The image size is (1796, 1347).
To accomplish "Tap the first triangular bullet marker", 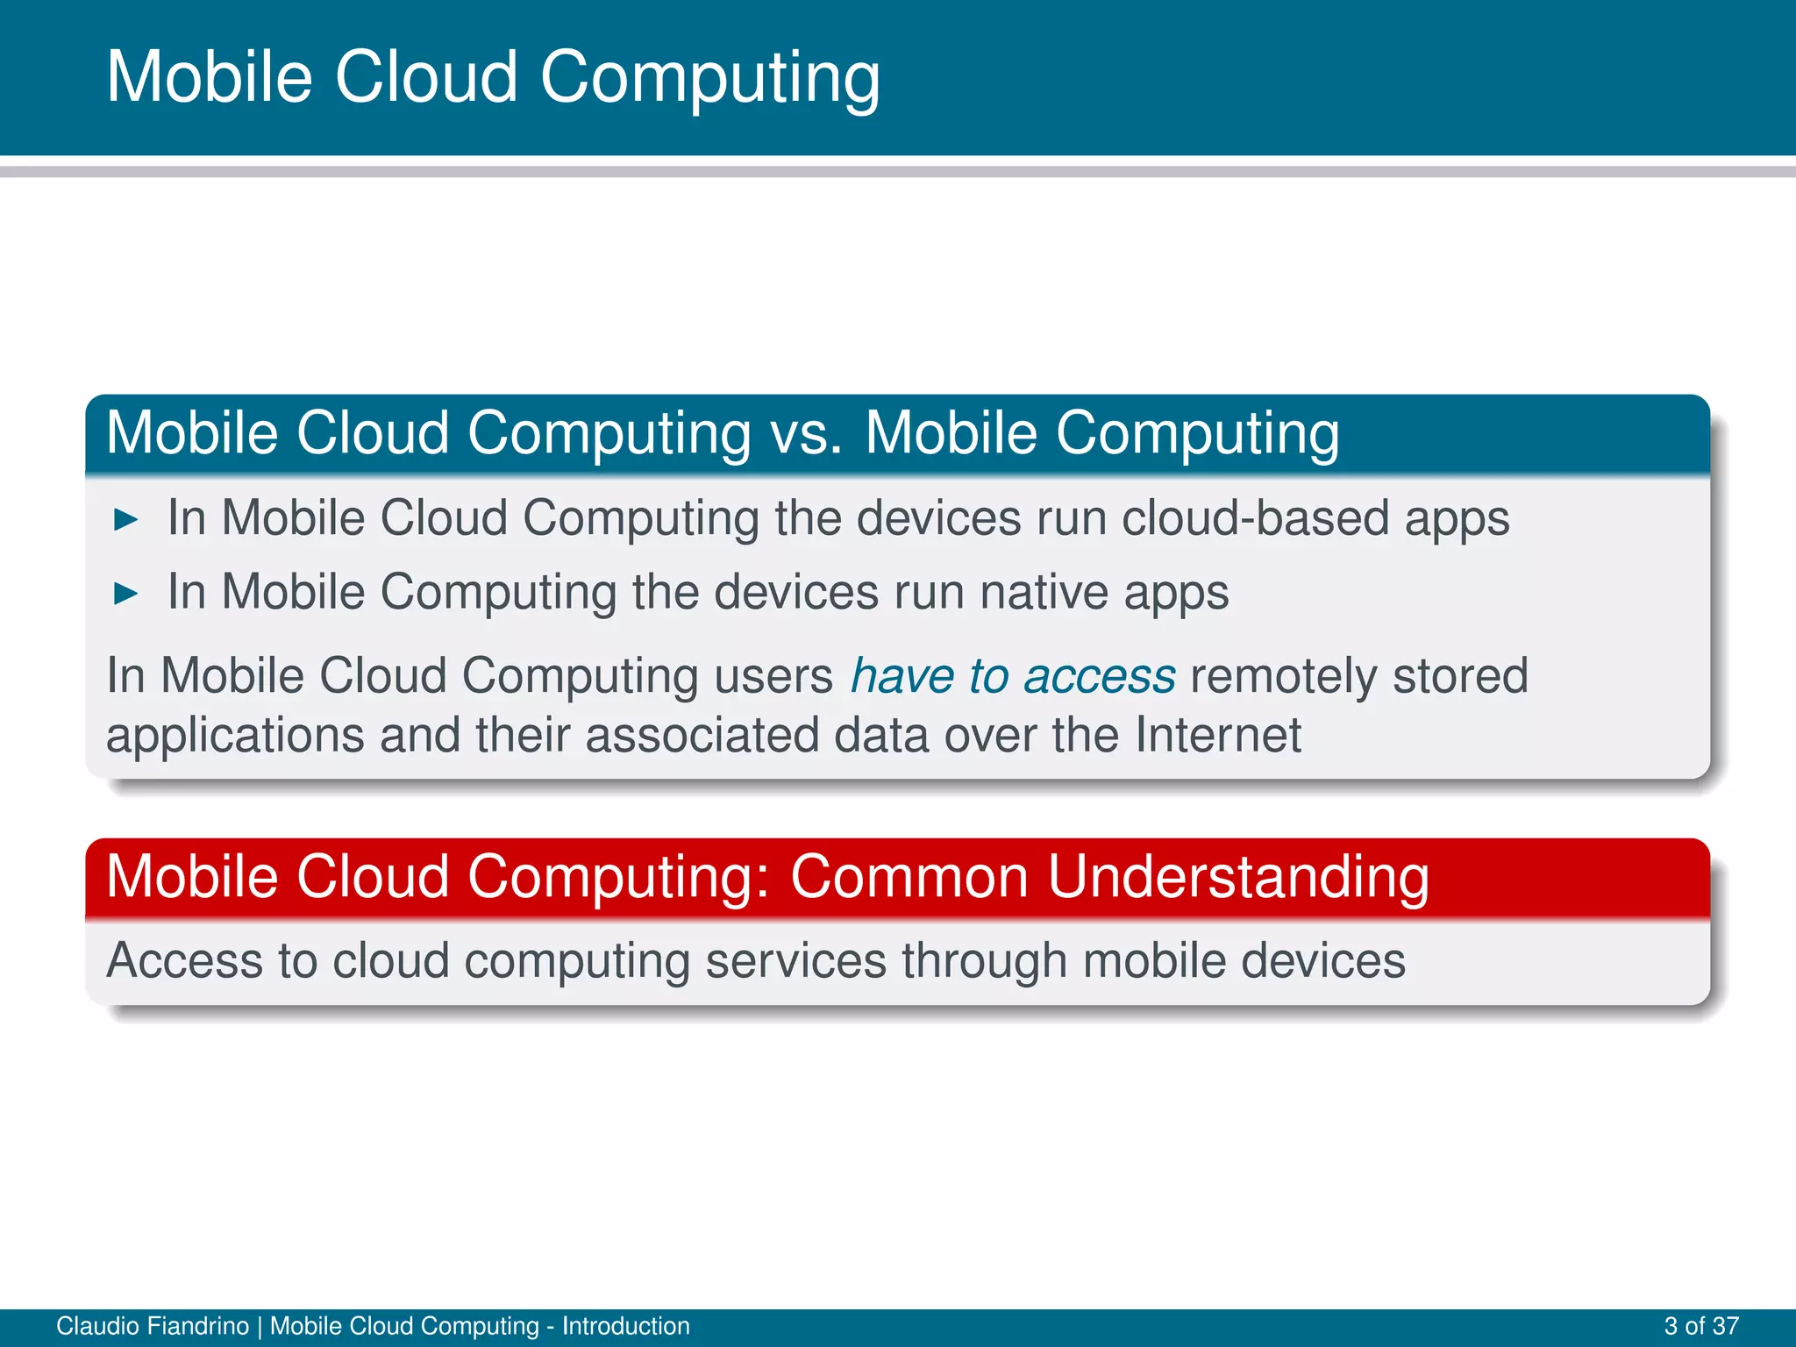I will tap(126, 520).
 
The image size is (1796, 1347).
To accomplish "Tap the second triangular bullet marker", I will tap(126, 594).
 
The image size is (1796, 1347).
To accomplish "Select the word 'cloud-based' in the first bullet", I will tap(1256, 517).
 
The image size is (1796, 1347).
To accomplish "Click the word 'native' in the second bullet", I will tap(1044, 592).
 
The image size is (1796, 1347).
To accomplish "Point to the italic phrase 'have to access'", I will tap(1013, 676).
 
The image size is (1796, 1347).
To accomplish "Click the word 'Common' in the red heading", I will tap(909, 877).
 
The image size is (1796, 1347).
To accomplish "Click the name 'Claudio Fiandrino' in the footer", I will tap(153, 1326).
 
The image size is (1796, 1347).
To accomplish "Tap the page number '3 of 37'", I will tap(1700, 1326).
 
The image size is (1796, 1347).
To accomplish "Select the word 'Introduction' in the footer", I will tap(625, 1326).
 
